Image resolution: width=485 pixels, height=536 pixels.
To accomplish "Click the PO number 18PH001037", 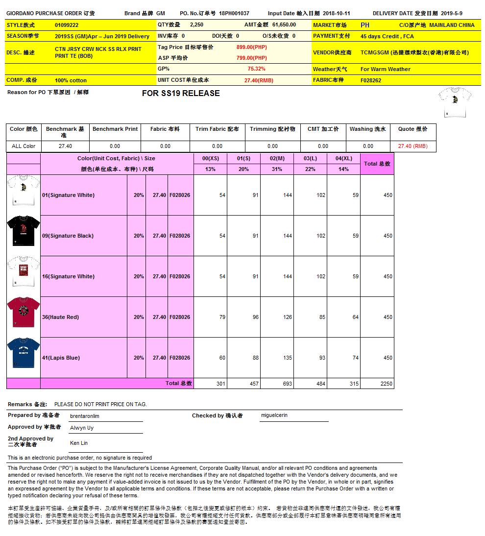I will click(234, 14).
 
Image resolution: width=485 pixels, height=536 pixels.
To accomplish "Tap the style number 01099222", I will click(67, 25).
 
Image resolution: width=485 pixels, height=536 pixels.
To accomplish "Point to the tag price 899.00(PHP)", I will click(251, 47).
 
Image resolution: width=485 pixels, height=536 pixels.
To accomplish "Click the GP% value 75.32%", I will click(256, 69).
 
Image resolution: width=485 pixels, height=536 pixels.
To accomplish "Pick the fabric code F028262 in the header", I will click(371, 80).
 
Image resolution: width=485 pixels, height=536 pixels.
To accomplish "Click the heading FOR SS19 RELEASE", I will click(181, 94).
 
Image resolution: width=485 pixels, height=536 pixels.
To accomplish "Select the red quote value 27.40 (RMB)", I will click(412, 146).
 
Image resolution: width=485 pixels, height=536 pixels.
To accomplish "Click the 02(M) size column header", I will click(277, 158).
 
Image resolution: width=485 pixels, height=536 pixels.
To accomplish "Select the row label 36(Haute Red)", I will click(60, 317).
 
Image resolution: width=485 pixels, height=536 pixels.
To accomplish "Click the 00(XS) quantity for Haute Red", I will click(222, 317).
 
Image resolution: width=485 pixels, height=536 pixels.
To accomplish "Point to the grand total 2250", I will click(387, 384).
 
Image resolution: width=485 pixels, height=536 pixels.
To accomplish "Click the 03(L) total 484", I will click(320, 384).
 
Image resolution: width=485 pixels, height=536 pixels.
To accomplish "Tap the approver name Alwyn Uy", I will click(82, 428).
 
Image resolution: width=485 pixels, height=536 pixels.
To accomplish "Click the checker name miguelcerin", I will click(274, 415).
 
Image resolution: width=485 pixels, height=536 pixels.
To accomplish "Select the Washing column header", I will click(367, 129).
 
